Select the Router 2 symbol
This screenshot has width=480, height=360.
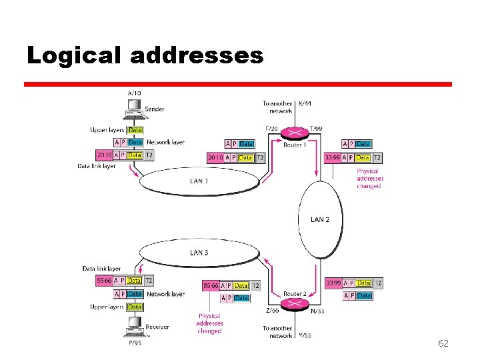tap(294, 304)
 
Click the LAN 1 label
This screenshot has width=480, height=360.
tap(199, 181)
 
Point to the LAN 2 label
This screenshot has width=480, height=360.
tap(320, 219)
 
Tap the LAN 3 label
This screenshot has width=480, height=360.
tap(199, 253)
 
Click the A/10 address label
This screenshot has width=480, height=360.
tap(134, 93)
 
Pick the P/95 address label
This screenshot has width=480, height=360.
tap(135, 343)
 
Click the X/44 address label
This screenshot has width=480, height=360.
tap(304, 103)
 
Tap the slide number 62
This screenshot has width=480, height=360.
tap(443, 343)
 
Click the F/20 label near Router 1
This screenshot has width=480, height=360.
tap(271, 129)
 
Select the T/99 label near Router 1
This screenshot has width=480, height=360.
tap(317, 129)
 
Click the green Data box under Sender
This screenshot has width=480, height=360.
tap(135, 130)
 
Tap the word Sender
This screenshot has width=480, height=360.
tap(155, 109)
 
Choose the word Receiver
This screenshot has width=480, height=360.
tap(158, 327)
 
